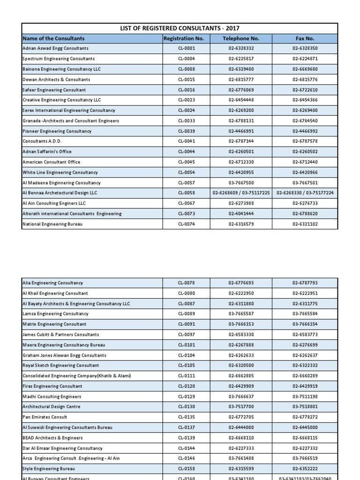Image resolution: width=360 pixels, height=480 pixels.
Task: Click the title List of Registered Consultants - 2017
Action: click(x=180, y=28)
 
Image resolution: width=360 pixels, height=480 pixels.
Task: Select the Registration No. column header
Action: click(x=186, y=38)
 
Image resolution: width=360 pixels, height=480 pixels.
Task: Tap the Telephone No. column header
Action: click(x=241, y=38)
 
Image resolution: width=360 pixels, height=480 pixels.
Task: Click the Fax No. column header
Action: click(x=305, y=38)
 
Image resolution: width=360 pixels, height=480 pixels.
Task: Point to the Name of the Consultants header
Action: click(x=53, y=38)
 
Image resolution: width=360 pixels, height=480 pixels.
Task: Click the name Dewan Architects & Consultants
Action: click(x=56, y=80)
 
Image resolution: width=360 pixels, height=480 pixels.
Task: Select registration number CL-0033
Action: click(x=186, y=121)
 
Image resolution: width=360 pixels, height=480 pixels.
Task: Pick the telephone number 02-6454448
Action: click(x=241, y=100)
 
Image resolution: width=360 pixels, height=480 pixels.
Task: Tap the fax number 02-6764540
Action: click(x=305, y=121)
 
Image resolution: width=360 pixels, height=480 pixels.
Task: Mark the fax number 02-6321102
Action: click(x=305, y=224)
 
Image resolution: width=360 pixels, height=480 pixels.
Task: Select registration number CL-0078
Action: click(x=186, y=283)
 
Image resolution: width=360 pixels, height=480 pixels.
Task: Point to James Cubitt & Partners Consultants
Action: click(x=61, y=335)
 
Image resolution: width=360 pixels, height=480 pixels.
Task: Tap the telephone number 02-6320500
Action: click(x=241, y=366)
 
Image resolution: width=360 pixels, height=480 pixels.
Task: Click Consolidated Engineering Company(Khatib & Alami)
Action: click(x=77, y=376)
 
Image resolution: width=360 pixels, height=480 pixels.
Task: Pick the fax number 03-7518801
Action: click(x=305, y=407)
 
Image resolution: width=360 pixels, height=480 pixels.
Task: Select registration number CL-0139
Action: click(x=186, y=438)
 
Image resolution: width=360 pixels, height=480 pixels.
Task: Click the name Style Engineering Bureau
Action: click(x=49, y=469)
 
